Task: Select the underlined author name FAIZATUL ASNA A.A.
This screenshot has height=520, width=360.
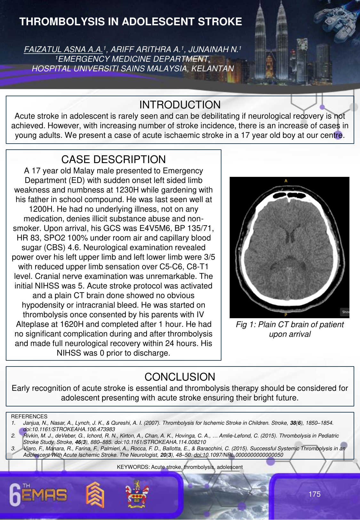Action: pyautogui.click(x=64, y=49)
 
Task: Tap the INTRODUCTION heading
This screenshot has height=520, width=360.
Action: pyautogui.click(x=180, y=105)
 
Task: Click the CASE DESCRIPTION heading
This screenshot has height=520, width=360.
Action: pyautogui.click(x=114, y=160)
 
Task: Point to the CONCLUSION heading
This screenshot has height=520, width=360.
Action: pyautogui.click(x=180, y=377)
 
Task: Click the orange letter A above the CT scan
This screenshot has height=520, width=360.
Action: pyautogui.click(x=286, y=181)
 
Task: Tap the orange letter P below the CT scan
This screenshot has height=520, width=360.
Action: pyautogui.click(x=286, y=315)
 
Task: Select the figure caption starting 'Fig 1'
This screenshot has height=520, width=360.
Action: pyautogui.click(x=290, y=329)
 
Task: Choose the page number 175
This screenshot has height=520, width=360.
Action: pyautogui.click(x=314, y=494)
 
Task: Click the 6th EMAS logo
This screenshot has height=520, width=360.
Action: pyautogui.click(x=38, y=494)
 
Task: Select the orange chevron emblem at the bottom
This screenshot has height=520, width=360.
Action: pyautogui.click(x=95, y=494)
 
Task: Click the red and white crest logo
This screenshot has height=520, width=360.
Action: pyautogui.click(x=137, y=494)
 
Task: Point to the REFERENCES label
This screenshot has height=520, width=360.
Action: pyautogui.click(x=29, y=416)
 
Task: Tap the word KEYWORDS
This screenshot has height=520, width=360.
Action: pyautogui.click(x=133, y=467)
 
